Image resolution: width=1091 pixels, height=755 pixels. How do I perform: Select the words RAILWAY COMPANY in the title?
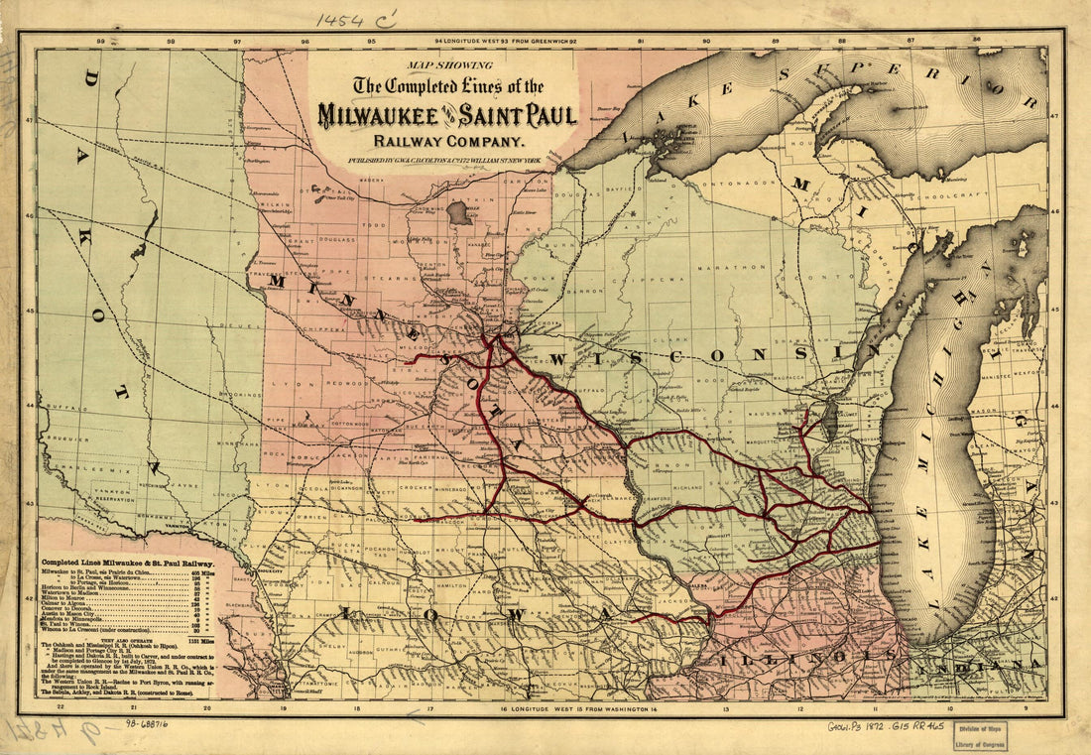(x=445, y=140)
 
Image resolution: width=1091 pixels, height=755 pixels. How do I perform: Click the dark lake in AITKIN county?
(x=459, y=212)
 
